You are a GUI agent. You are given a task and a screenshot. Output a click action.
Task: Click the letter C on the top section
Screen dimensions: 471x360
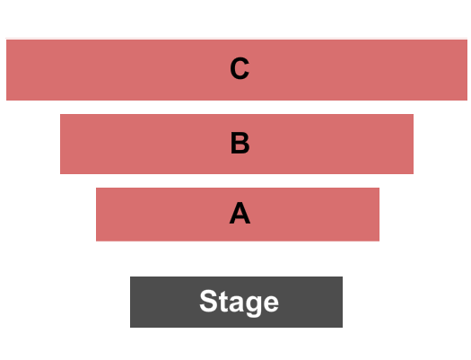tap(240, 68)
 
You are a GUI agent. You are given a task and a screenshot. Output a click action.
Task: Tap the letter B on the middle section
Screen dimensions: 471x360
tap(240, 143)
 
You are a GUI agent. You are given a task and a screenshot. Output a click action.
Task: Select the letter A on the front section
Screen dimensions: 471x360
tap(240, 213)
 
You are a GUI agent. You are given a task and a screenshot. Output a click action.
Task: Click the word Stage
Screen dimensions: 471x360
tap(240, 302)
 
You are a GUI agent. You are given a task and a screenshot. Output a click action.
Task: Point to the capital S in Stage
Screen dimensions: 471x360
tap(208, 301)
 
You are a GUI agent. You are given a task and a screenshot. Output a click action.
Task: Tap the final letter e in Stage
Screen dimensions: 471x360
tap(270, 303)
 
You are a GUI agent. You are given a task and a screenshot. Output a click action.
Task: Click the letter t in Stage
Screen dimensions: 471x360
tap(222, 302)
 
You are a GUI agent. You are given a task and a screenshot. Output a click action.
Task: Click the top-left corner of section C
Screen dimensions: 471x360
tap(6, 40)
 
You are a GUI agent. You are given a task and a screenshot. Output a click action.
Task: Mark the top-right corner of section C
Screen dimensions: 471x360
tap(467, 40)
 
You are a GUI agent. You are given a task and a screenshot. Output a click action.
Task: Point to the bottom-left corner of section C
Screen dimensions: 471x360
tap(6, 101)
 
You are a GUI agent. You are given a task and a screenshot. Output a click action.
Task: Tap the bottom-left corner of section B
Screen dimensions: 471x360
tap(60, 174)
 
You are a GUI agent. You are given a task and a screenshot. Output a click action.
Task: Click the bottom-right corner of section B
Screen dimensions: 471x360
tap(414, 174)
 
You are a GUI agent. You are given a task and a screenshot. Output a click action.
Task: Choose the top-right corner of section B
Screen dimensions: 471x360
tap(414, 114)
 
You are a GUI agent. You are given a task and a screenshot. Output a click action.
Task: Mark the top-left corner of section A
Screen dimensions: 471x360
tap(96, 188)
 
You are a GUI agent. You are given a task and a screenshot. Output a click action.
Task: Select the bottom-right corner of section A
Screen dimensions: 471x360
tap(379, 241)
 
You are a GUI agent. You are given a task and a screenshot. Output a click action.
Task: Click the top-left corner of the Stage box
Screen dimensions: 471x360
tap(130, 277)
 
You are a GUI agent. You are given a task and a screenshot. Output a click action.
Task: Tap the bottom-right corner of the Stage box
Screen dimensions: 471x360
tap(343, 328)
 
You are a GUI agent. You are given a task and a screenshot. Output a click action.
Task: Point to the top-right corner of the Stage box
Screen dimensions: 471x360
tap(343, 277)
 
